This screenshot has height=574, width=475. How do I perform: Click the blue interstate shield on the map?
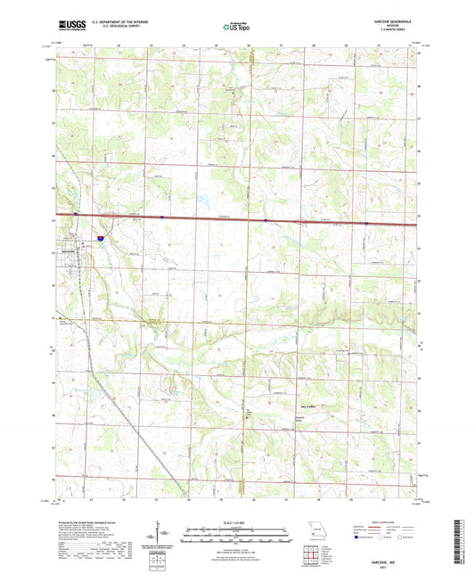(x=100, y=239)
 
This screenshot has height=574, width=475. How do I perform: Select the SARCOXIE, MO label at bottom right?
(x=393, y=553)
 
